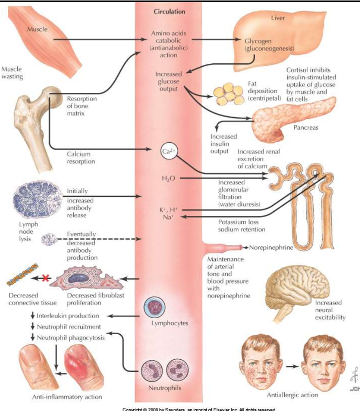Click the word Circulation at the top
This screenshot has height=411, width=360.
pos(169,12)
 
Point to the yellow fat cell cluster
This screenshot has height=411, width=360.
pos(229,92)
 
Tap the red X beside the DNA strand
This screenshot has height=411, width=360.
pos(44,278)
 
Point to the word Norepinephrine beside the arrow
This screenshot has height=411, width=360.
pos(271,248)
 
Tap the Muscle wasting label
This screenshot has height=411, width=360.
pos(12,73)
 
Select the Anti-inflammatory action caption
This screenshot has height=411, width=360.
pos(67,397)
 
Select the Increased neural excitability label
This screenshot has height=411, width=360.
pos(330,310)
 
